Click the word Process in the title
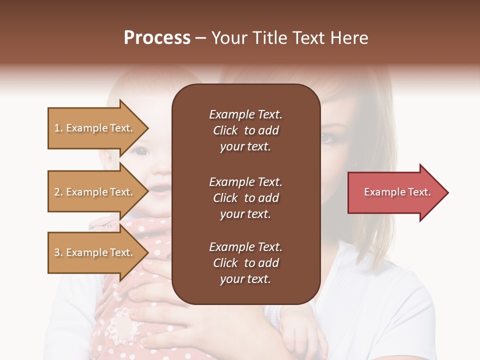pyautogui.click(x=157, y=38)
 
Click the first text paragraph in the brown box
pyautogui.click(x=245, y=130)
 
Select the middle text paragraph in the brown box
pyautogui.click(x=245, y=197)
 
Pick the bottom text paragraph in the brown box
pyautogui.click(x=245, y=263)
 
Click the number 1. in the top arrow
pyautogui.click(x=58, y=128)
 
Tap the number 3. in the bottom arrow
pyautogui.click(x=58, y=252)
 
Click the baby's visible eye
pyautogui.click(x=142, y=150)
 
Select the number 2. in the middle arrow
pyautogui.click(x=58, y=192)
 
